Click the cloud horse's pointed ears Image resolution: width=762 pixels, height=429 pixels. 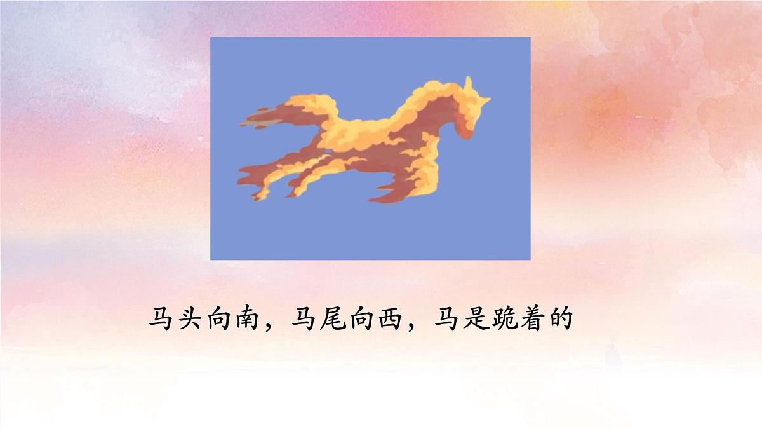coord(469,85)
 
